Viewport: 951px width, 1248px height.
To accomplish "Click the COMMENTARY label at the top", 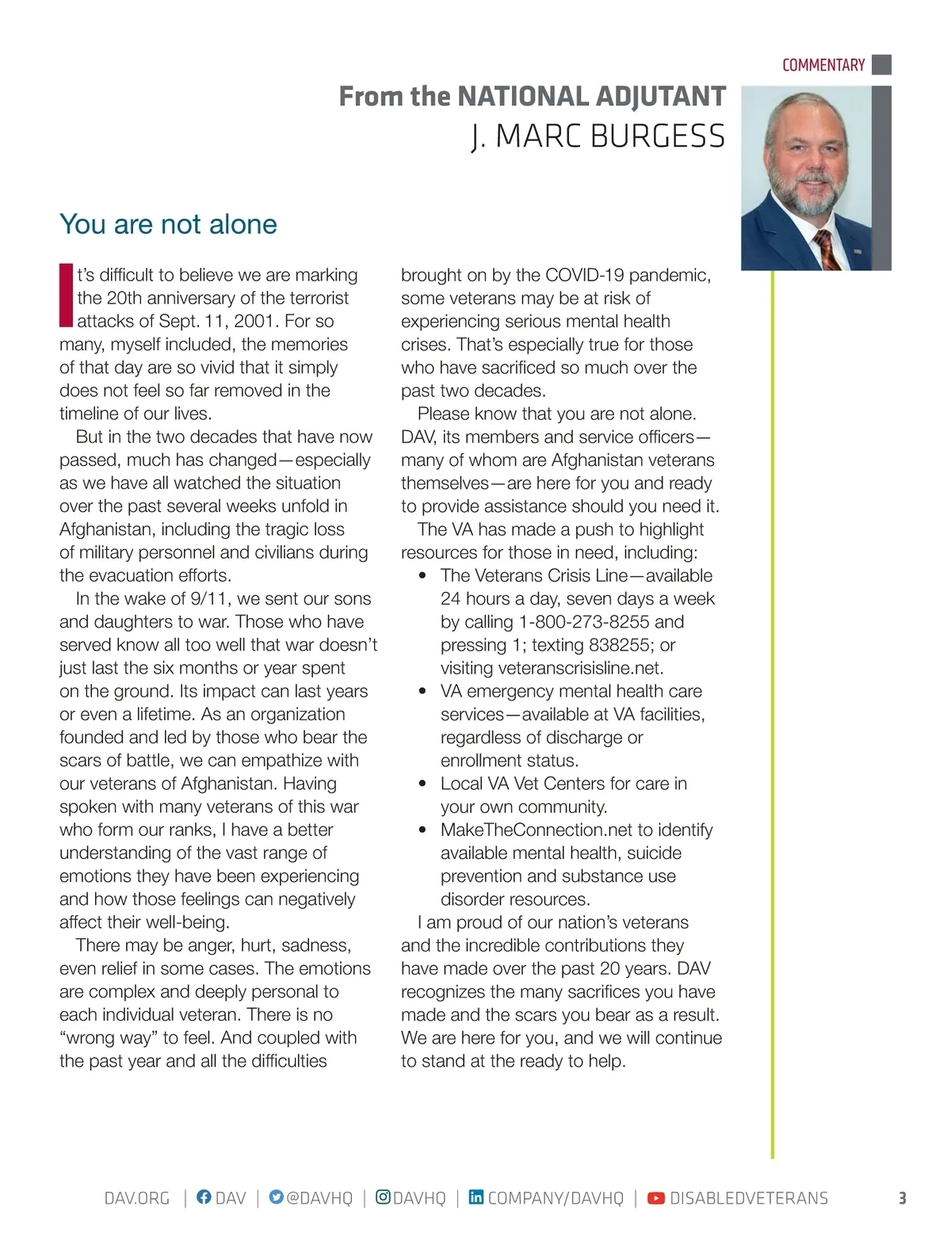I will coord(823,65).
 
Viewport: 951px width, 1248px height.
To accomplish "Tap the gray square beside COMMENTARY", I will coord(881,64).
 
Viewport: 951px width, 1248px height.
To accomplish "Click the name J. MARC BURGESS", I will coord(598,136).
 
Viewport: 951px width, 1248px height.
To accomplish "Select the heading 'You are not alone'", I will coord(168,224).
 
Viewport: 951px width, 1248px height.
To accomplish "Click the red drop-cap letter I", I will coord(66,296).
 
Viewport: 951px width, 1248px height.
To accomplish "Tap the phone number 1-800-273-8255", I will coord(584,622).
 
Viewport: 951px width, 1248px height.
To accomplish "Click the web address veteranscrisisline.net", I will coord(552,668).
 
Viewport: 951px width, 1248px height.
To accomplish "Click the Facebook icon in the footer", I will coord(204,1197).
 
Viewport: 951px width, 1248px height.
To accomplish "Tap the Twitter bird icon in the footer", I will coord(276,1197).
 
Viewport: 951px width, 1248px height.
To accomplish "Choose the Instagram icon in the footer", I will coord(383,1197).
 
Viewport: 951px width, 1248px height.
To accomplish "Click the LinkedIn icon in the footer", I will coord(475,1197).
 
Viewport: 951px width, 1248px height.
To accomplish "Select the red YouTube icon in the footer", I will coord(656,1198).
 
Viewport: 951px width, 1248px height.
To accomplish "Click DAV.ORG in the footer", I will coord(137,1198).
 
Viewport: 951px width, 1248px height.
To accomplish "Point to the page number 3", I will coord(902,1198).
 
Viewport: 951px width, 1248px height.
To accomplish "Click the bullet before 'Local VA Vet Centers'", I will coord(423,784).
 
